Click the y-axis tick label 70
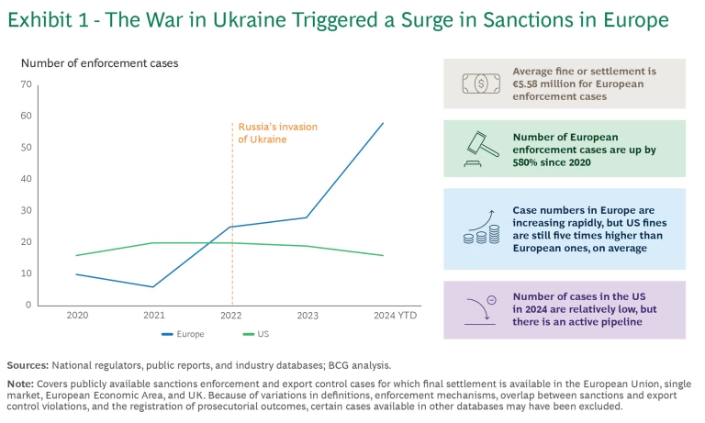click(26, 84)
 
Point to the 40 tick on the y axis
click(26, 179)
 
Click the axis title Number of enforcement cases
click(99, 63)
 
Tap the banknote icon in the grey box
click(481, 83)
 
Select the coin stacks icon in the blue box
click(481, 227)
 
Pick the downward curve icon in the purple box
click(481, 307)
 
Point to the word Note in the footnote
click(21, 384)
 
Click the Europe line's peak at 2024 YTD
click(384, 123)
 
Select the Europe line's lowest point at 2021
click(152, 286)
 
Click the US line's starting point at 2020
click(76, 255)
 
